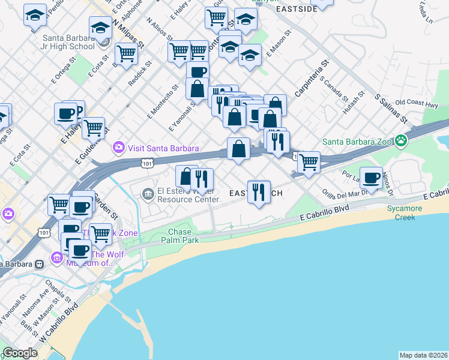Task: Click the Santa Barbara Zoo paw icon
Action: coord(401,142)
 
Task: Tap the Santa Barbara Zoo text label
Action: coord(358,142)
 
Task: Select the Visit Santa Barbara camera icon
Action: coord(119,147)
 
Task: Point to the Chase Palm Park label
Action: coord(179,236)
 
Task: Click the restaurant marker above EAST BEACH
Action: coord(259,193)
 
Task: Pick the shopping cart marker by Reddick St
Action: coord(126,54)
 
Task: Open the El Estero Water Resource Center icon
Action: coord(148,193)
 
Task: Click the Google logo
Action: coord(20,353)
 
